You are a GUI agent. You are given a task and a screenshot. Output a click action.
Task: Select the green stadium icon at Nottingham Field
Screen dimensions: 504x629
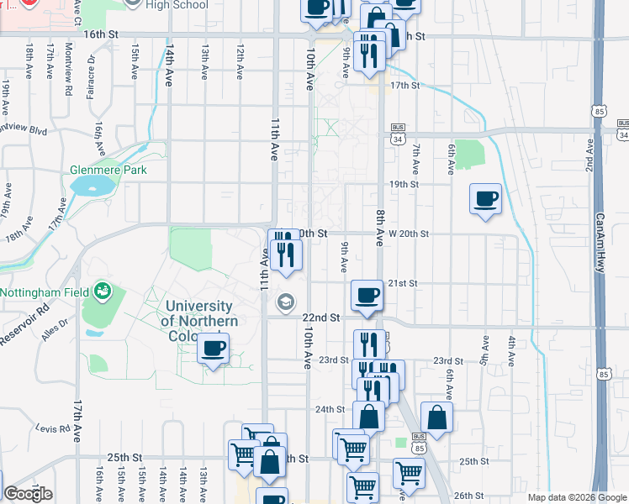103,291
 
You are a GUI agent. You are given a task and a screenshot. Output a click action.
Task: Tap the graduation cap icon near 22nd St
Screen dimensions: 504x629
287,302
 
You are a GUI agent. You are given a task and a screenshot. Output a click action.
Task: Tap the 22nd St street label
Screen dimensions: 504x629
321,318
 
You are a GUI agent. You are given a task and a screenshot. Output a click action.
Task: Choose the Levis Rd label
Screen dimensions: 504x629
52,428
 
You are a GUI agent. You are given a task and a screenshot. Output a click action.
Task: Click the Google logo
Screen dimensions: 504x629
28,494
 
